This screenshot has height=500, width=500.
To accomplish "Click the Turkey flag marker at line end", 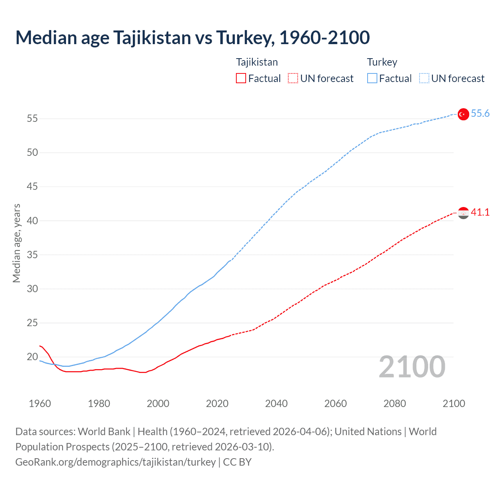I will (463, 114).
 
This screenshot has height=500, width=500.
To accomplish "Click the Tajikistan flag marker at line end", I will (463, 213).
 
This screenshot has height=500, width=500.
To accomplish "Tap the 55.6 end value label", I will (480, 113).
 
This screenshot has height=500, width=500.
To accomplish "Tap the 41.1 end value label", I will (480, 212).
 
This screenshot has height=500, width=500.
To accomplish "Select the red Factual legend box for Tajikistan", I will (241, 78).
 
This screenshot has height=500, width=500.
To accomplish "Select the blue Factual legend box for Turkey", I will (372, 78).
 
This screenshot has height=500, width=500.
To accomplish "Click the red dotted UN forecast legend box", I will (293, 78).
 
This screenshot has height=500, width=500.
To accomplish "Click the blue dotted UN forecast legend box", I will (424, 78).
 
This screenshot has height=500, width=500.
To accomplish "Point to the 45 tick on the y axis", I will (32, 187).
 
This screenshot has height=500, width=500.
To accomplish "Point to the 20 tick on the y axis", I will (32, 357).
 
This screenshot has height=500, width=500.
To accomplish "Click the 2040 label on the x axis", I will (276, 404).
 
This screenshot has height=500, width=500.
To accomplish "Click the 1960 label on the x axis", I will (40, 404).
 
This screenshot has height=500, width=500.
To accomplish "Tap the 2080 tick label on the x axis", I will (395, 404).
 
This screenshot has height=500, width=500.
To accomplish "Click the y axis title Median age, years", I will (16, 243).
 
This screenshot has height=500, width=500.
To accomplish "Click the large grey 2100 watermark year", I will (412, 367).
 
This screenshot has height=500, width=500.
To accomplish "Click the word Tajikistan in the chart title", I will (152, 37).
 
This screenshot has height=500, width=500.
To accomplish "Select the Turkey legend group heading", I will (382, 62).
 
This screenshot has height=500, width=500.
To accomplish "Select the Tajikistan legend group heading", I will (257, 62).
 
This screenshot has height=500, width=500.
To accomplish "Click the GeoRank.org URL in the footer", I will (115, 462).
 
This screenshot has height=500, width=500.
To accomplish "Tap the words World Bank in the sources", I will (104, 432).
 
